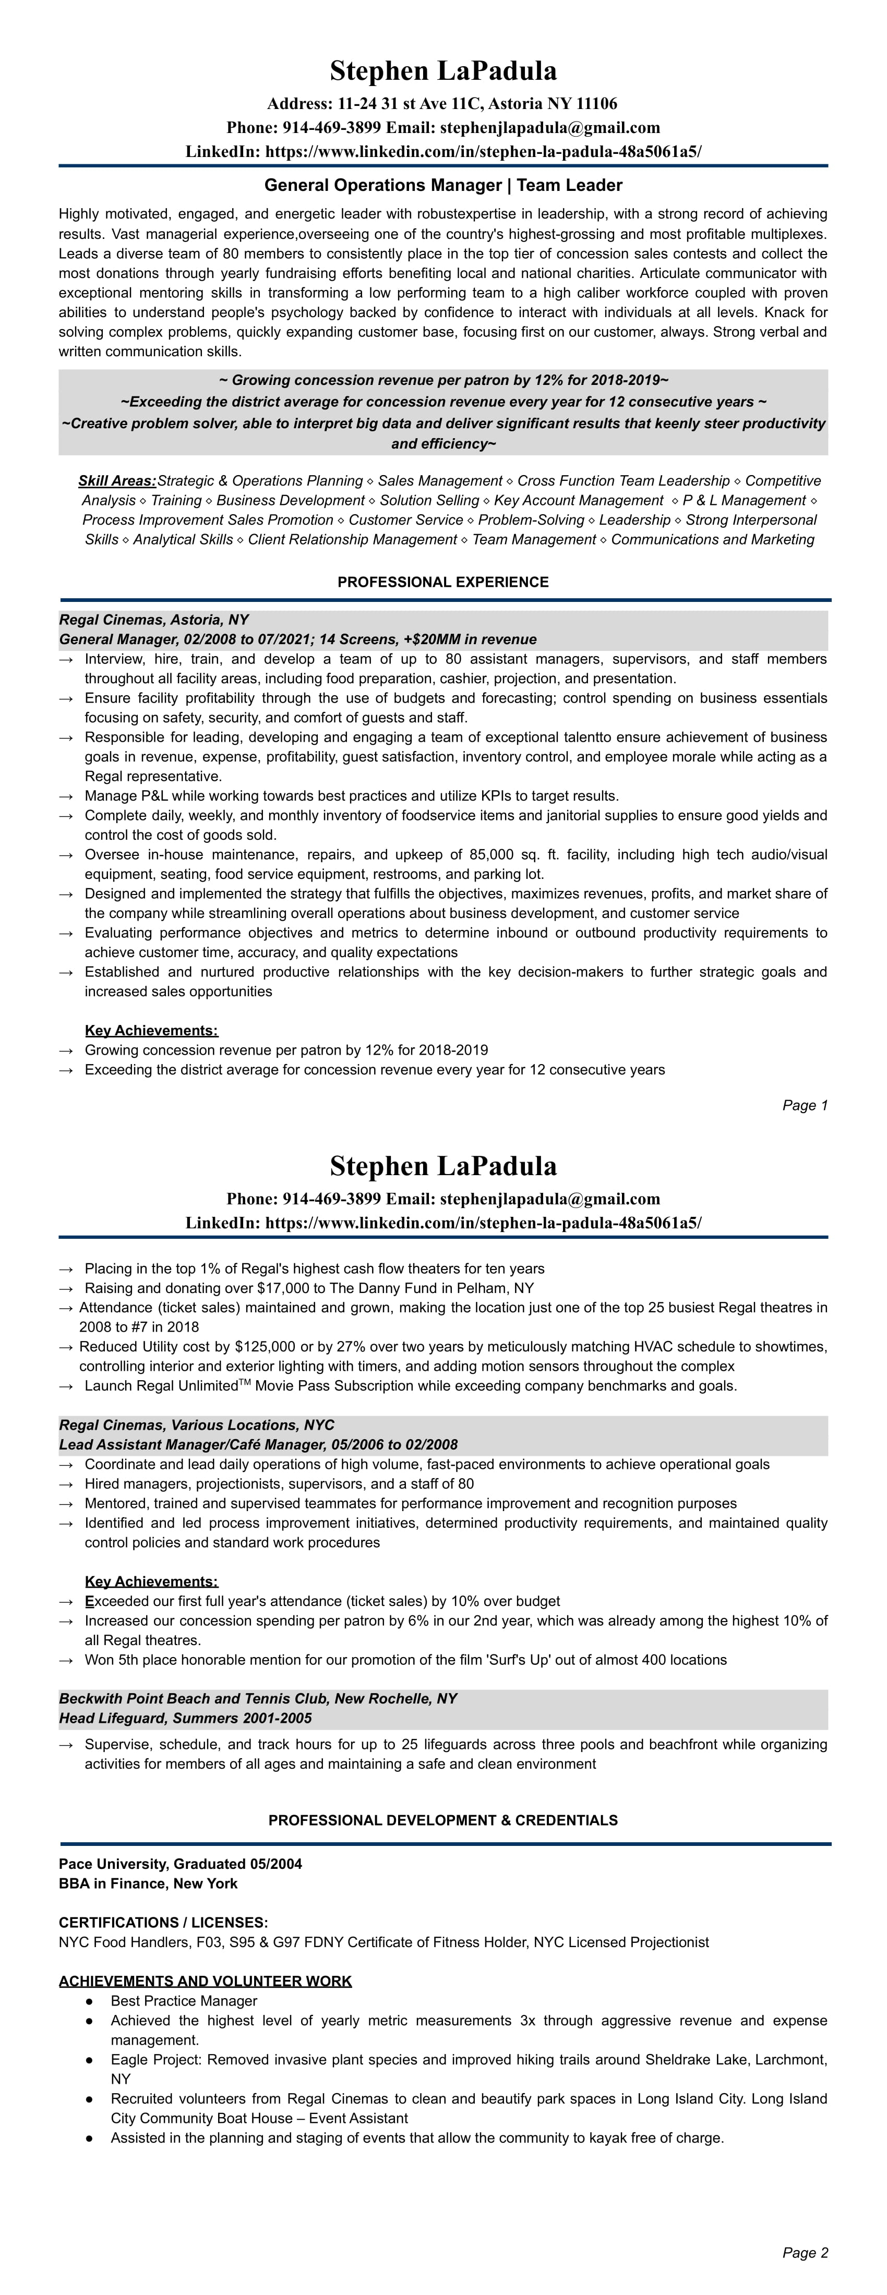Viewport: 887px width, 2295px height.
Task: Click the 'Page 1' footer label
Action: [x=805, y=1106]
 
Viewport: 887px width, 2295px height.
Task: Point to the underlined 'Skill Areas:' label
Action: [x=117, y=481]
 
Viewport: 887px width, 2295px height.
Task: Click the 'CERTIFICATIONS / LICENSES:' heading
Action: [x=163, y=1923]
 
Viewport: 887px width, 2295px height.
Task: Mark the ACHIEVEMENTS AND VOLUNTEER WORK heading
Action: [x=205, y=1982]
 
